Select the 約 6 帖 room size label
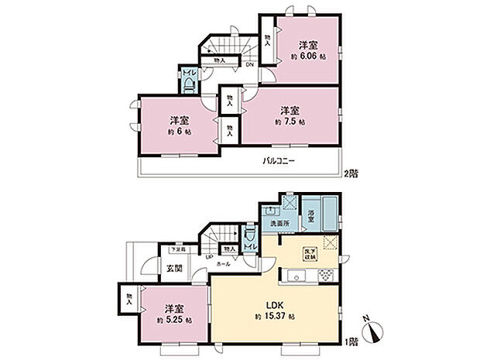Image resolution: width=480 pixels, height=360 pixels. (180, 132)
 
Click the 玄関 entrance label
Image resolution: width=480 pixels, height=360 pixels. (174, 269)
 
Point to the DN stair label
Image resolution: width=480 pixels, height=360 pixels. (249, 66)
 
